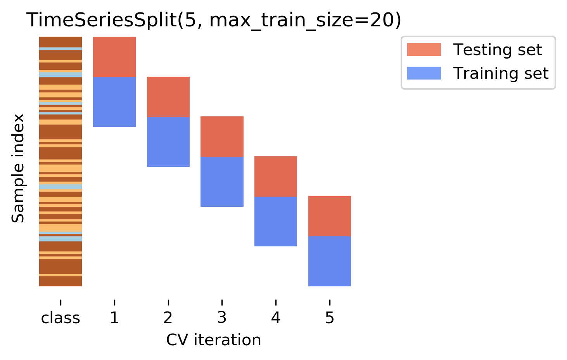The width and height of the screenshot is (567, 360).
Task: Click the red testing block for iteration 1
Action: (x=114, y=57)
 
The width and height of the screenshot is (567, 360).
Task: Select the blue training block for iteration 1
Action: (x=114, y=102)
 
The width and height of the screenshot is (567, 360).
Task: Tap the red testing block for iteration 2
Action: (x=168, y=97)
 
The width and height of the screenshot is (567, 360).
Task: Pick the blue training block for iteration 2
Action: (x=168, y=142)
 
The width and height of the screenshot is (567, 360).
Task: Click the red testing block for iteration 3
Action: (x=222, y=137)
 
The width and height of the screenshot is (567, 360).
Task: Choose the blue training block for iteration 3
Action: (x=222, y=182)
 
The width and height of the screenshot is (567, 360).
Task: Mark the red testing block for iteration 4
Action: (x=275, y=177)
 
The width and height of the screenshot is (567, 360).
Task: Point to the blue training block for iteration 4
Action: (x=275, y=222)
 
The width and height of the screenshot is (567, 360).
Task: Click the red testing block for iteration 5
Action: (x=329, y=216)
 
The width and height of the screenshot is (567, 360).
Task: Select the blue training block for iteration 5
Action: (x=329, y=261)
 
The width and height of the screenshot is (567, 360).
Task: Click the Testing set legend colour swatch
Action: (x=424, y=50)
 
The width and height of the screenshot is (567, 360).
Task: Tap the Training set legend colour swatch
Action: (x=424, y=73)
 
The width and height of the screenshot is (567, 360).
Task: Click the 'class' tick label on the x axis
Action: (x=61, y=318)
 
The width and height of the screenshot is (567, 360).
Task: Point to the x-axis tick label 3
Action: (x=222, y=318)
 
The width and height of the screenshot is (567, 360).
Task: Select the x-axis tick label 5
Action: (x=329, y=318)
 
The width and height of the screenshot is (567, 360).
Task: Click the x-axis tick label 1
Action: (x=114, y=318)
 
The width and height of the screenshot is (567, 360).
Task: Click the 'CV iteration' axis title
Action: (x=214, y=340)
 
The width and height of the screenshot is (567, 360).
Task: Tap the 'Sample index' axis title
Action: (x=18, y=168)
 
